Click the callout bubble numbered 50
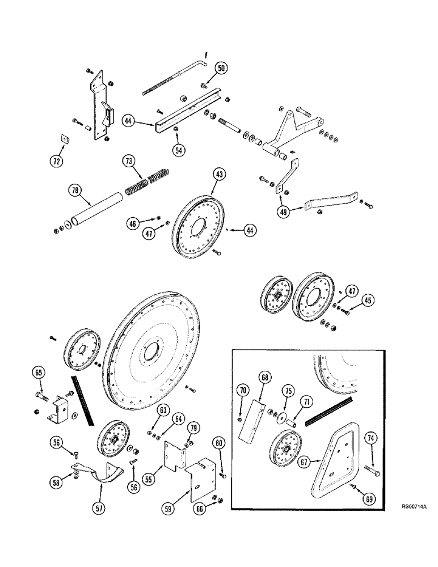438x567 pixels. [221, 68]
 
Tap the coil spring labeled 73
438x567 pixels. [146, 180]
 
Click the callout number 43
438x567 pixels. [220, 174]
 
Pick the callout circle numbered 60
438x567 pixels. [219, 442]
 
